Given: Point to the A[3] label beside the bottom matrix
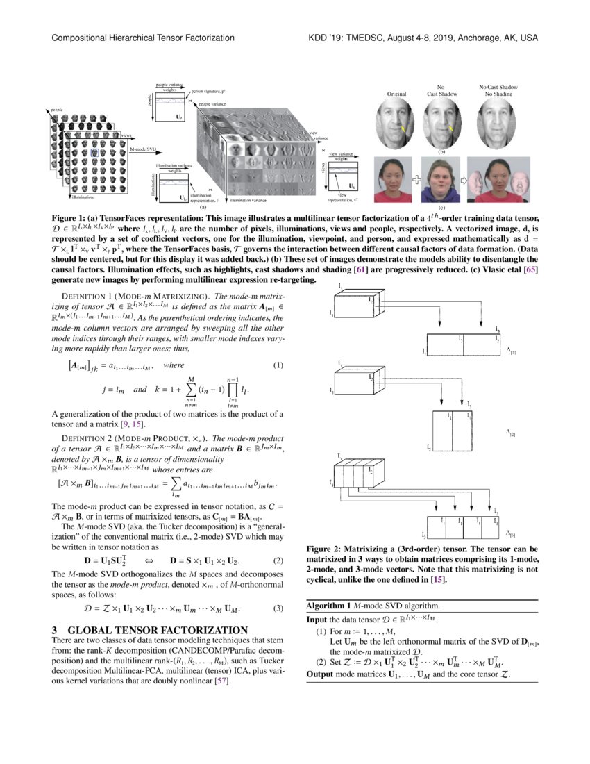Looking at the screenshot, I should point(512,533).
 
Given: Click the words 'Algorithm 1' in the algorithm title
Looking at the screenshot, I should point(329,606).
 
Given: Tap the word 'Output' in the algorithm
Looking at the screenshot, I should point(321,675).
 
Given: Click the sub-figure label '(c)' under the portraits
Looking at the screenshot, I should point(441,207).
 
